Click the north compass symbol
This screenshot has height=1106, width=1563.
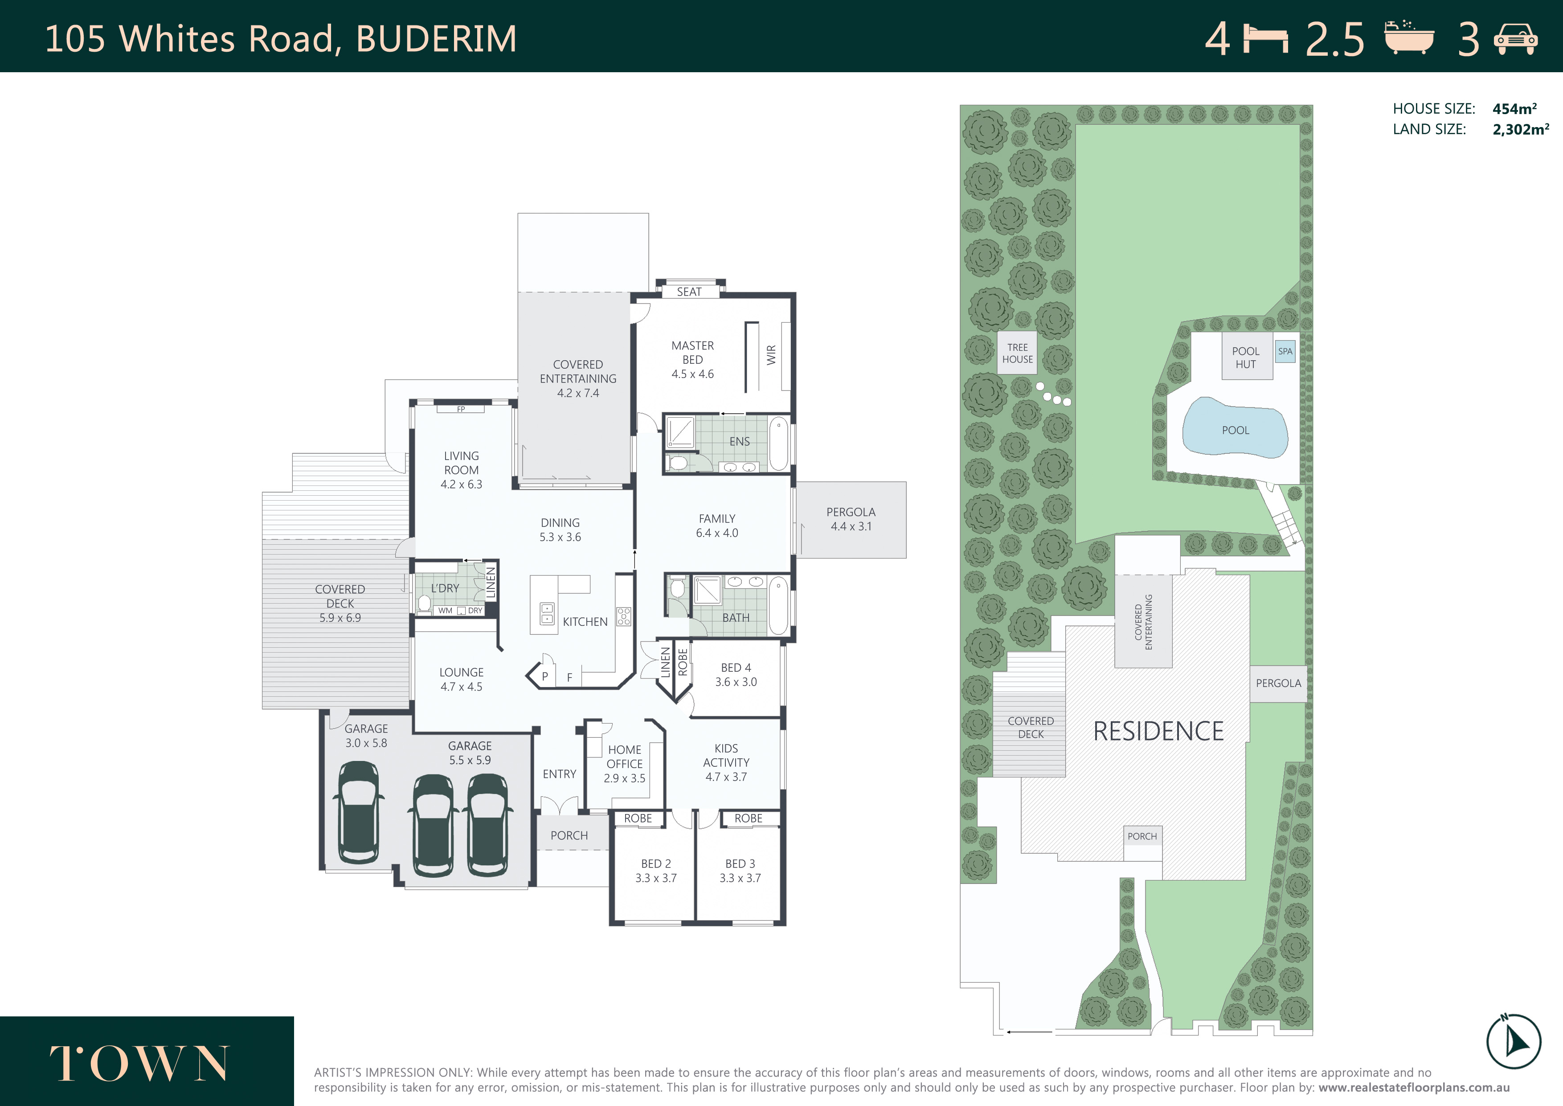1513,1040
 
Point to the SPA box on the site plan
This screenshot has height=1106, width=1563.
1285,351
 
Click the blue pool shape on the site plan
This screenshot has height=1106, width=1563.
1235,428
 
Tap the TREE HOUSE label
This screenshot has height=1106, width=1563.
1017,353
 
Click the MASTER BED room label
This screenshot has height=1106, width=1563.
692,353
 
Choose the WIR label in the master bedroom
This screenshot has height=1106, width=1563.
771,355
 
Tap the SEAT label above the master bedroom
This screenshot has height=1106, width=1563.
689,292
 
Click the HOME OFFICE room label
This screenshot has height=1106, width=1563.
624,757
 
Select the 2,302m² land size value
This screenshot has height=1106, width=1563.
1521,129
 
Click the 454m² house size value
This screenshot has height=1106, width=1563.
1515,108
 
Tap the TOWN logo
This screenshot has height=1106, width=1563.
139,1063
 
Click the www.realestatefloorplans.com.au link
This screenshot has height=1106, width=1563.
1414,1088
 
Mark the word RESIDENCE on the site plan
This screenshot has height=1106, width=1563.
1158,732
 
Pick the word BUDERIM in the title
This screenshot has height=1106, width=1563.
436,39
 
